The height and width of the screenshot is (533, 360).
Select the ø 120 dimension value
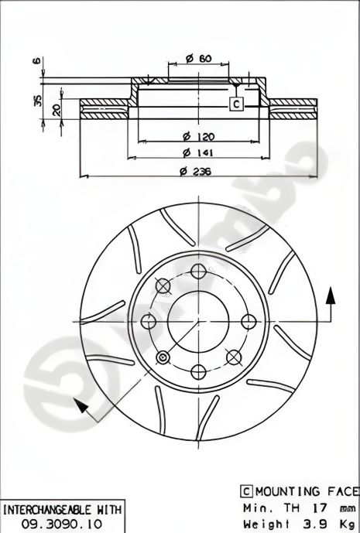click(x=198, y=136)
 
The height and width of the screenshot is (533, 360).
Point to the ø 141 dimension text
click(x=198, y=153)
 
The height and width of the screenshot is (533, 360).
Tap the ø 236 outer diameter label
click(x=198, y=171)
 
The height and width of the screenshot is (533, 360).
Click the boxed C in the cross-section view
click(x=238, y=104)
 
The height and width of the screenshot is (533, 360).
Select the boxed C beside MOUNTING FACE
click(x=245, y=491)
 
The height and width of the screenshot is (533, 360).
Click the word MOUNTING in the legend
click(x=283, y=491)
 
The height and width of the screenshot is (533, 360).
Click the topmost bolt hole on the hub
click(x=198, y=271)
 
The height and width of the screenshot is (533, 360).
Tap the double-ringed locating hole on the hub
click(x=163, y=357)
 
